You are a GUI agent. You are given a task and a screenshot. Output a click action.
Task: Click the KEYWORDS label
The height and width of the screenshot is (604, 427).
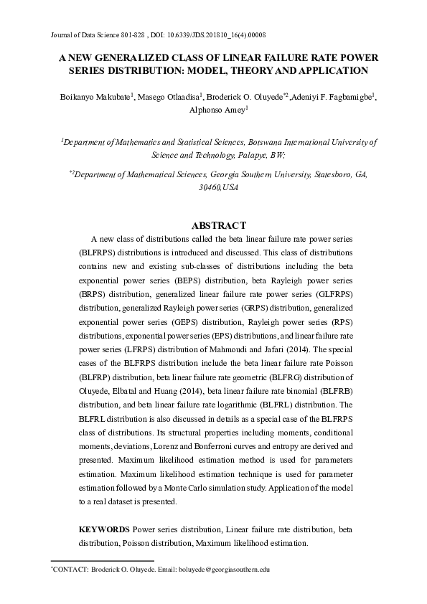pyautogui.click(x=104, y=529)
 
